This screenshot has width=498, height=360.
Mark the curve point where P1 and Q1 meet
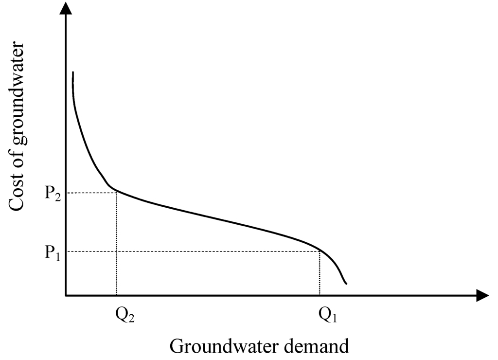tap(320, 251)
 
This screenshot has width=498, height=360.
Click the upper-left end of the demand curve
tap(73, 73)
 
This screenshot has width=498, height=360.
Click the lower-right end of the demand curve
tap(346, 283)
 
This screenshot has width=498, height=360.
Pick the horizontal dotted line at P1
tap(195, 252)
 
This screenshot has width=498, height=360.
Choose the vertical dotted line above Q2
tap(116, 243)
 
